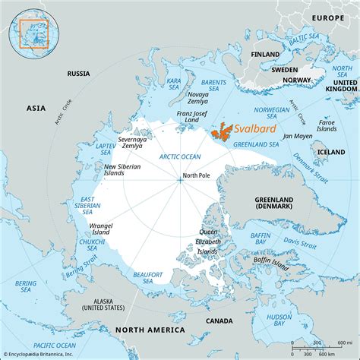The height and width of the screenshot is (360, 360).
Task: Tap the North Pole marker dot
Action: (180, 179)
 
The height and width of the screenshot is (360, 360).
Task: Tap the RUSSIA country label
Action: (79, 74)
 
